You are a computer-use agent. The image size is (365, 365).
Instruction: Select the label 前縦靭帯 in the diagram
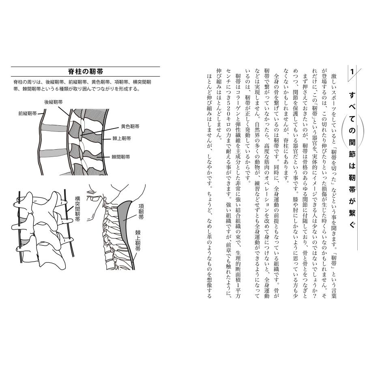(x=27, y=114)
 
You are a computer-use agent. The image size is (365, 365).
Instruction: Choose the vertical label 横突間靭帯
(x=77, y=210)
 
